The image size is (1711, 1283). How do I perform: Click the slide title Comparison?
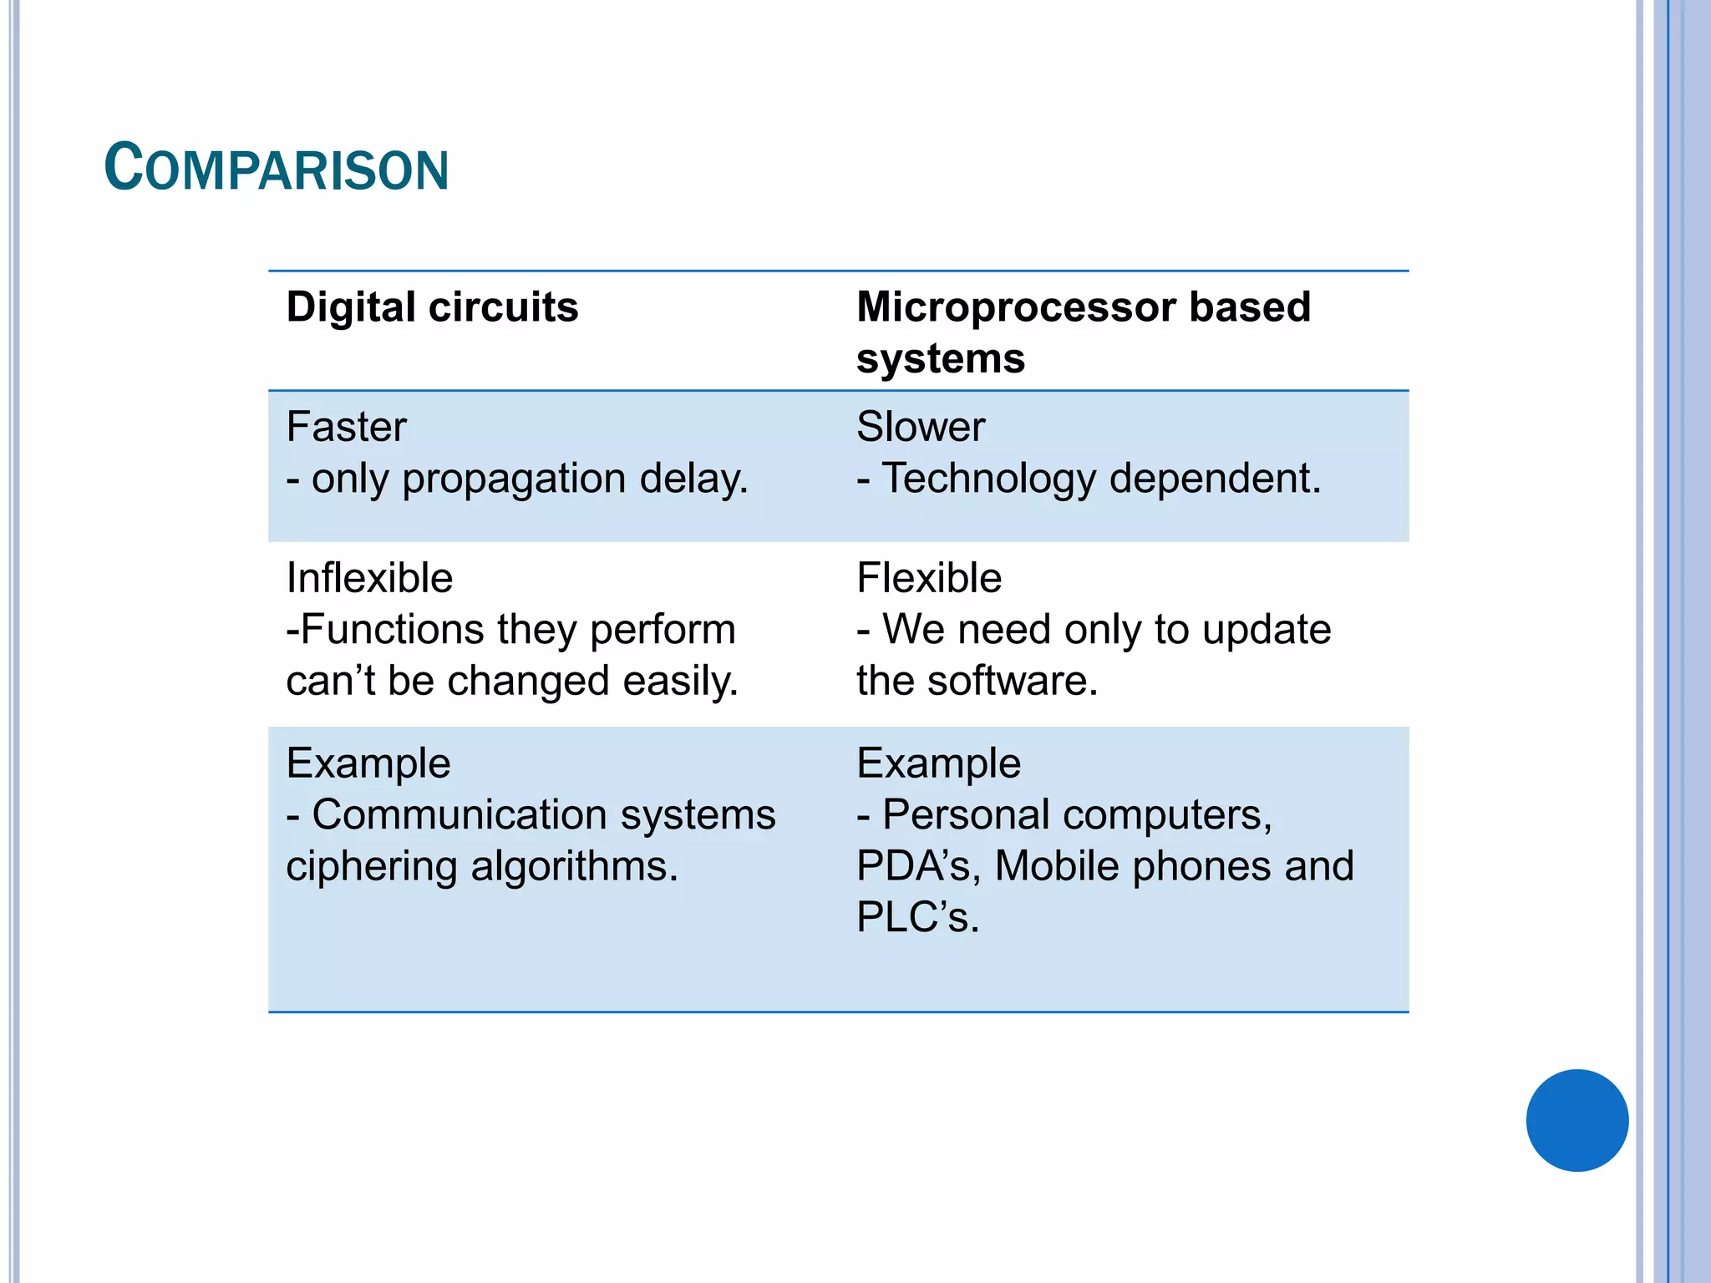coord(277,168)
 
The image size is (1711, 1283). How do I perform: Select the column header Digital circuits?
coord(432,307)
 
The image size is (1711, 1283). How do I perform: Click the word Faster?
coord(346,427)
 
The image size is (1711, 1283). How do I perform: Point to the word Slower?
coord(921,427)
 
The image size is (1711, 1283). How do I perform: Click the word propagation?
coord(514,479)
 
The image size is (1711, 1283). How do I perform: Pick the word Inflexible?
coord(369,578)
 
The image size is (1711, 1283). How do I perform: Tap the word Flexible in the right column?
coord(929,578)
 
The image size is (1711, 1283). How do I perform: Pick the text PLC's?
coord(917,917)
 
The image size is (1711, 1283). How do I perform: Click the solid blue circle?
coord(1576,1120)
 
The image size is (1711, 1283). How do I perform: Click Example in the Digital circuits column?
coord(368,763)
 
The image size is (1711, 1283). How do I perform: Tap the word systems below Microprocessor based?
coord(941,359)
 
